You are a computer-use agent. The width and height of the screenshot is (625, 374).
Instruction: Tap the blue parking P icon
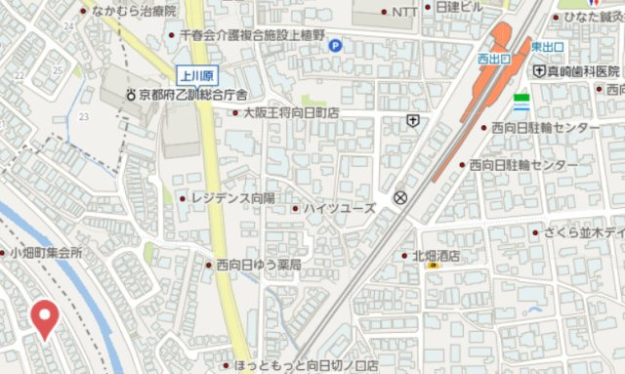point(335,44)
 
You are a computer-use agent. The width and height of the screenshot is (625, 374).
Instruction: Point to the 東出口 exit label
point(546,46)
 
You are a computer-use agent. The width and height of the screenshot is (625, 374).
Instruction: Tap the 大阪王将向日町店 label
point(290,113)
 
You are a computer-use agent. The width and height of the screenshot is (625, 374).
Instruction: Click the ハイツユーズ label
point(339,208)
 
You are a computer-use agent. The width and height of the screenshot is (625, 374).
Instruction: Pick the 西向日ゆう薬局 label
point(259,264)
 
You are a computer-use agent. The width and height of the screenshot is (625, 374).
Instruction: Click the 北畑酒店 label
point(436,256)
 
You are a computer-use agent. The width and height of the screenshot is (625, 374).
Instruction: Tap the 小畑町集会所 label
point(46,252)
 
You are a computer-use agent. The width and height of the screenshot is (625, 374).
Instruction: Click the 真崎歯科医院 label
point(582,71)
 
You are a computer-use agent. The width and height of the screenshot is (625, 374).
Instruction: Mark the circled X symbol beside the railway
point(399,197)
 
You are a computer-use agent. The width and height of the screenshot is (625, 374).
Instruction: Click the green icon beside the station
point(521,100)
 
